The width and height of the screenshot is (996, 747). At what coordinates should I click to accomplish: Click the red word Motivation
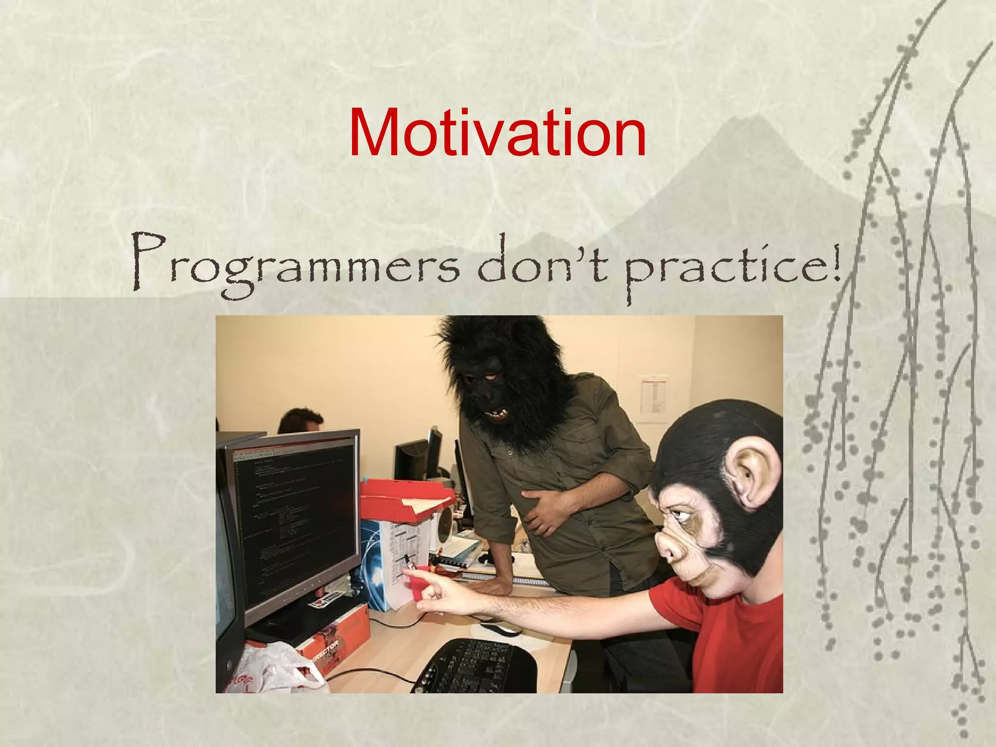pos(497,132)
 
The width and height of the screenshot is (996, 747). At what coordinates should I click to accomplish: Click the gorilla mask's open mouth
pos(496,414)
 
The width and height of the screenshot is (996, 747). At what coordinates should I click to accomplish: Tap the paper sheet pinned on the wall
pos(652,399)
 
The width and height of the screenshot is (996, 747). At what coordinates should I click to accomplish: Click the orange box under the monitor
pos(336,632)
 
